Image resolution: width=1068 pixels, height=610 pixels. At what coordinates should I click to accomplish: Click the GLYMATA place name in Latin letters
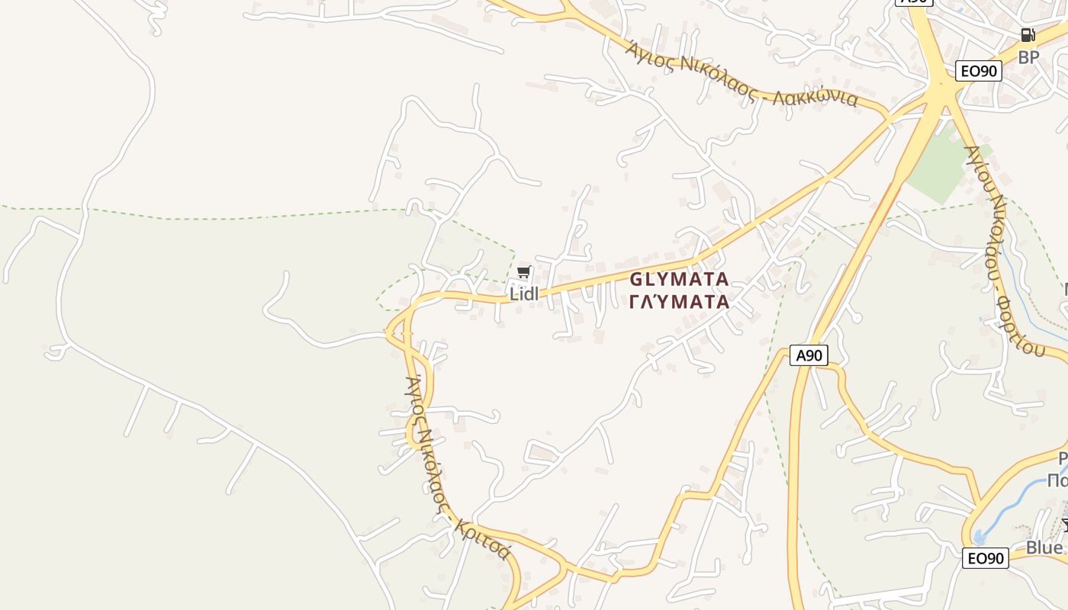click(x=679, y=279)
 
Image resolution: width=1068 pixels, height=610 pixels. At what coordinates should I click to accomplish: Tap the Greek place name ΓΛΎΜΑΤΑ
click(x=679, y=302)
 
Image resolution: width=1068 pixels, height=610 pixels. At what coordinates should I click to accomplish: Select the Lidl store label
click(x=524, y=294)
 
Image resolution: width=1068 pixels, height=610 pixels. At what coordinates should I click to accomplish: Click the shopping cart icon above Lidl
click(x=523, y=272)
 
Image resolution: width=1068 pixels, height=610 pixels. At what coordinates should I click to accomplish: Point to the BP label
click(x=1028, y=57)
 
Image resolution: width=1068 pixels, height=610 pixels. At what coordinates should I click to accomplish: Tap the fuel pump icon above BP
click(x=1028, y=35)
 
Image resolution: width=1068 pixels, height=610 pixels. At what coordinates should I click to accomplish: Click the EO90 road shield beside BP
click(x=978, y=71)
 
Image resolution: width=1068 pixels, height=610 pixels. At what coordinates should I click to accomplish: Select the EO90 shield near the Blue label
click(x=985, y=558)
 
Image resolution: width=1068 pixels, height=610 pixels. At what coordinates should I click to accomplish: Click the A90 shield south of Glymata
click(x=809, y=355)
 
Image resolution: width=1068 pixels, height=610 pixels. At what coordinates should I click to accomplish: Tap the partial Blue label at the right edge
click(x=1044, y=547)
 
